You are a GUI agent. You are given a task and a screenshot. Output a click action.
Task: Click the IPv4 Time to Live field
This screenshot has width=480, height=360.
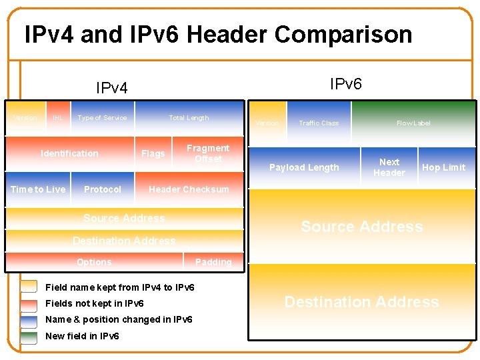click(x=38, y=189)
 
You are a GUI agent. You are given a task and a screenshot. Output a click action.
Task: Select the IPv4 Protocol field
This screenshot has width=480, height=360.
click(x=103, y=189)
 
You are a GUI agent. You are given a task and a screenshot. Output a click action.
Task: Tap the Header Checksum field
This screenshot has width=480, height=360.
click(x=189, y=189)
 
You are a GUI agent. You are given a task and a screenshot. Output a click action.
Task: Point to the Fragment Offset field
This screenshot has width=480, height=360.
click(x=207, y=153)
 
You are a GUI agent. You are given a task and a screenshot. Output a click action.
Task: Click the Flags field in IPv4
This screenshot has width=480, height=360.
click(x=153, y=154)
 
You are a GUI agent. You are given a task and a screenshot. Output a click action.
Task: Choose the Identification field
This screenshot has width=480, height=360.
click(x=69, y=154)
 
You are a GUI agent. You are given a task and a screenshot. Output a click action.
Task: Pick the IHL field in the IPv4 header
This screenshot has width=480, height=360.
click(x=58, y=118)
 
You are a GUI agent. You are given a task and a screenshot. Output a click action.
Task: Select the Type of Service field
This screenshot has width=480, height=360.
click(x=102, y=118)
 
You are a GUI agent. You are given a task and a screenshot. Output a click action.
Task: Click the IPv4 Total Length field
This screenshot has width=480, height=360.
click(x=189, y=118)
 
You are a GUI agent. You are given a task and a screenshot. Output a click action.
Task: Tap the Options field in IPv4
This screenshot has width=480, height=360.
click(x=94, y=262)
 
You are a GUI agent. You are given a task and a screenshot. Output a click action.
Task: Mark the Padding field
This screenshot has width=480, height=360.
click(x=213, y=262)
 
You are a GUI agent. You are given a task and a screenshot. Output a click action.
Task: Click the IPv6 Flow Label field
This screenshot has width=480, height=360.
click(x=413, y=123)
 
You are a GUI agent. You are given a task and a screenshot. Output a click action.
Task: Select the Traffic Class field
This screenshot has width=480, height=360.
click(x=319, y=123)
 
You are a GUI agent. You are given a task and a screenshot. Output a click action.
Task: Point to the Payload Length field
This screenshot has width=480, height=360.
click(x=304, y=167)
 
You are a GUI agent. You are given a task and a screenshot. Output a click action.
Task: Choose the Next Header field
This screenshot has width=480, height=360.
click(x=389, y=167)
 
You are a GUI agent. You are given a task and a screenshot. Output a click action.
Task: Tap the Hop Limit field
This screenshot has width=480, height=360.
click(x=443, y=167)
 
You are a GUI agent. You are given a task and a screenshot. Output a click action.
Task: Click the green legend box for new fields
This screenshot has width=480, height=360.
click(x=29, y=336)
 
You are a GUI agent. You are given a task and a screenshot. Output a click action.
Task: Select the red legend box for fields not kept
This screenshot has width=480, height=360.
click(x=29, y=304)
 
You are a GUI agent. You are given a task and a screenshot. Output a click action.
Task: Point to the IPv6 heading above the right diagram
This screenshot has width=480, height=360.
click(x=346, y=83)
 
